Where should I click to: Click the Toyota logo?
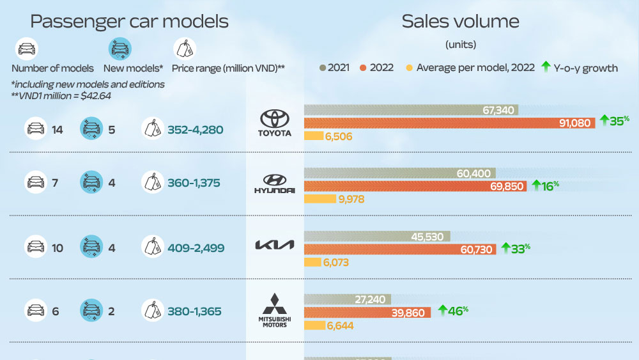pyautogui.click(x=275, y=122)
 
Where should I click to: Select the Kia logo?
pyautogui.click(x=275, y=246)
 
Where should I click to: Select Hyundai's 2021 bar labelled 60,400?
pyautogui.click(x=399, y=173)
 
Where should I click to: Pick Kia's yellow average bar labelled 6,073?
pyautogui.click(x=312, y=262)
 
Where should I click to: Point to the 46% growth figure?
pyautogui.click(x=454, y=310)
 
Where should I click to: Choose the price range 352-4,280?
pyautogui.click(x=195, y=130)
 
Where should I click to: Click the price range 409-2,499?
pyautogui.click(x=196, y=247)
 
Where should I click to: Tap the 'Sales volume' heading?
pyautogui.click(x=460, y=22)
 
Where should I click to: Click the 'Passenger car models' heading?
pyautogui.click(x=129, y=22)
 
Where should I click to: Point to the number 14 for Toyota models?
pyautogui.click(x=57, y=130)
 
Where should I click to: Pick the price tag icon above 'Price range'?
pyautogui.click(x=185, y=49)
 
